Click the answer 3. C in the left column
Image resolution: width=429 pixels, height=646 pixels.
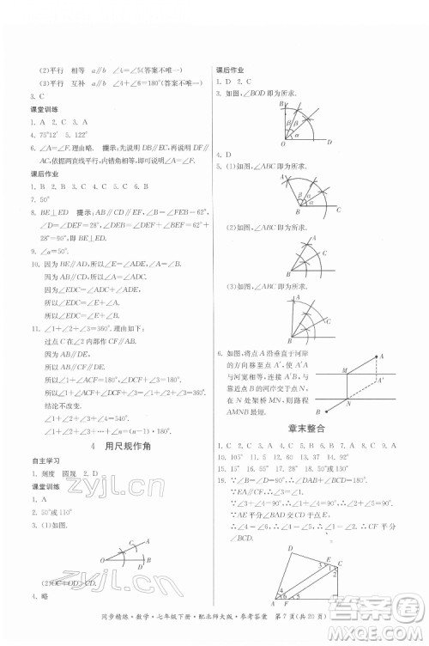pyautogui.click(x=35, y=97)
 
